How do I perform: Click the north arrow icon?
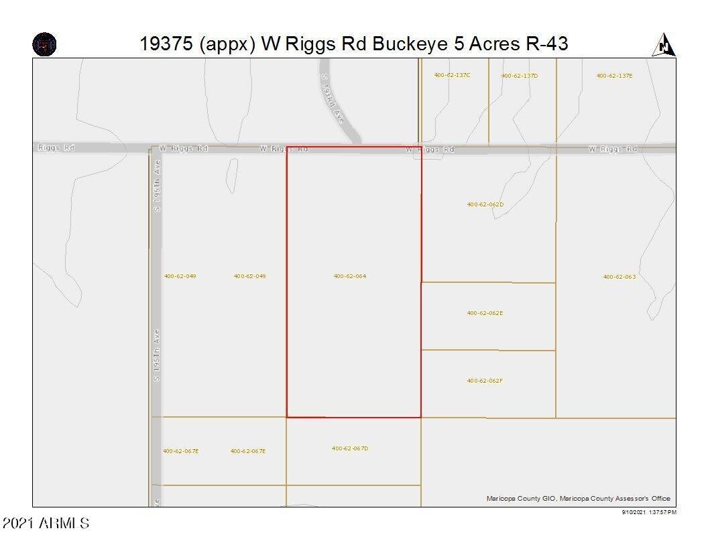(663, 45)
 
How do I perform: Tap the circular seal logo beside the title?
(44, 45)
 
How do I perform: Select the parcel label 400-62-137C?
(452, 75)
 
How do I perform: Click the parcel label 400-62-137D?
(519, 76)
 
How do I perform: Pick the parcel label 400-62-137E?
(614, 76)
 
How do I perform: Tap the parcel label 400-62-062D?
(485, 204)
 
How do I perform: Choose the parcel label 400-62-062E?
(485, 313)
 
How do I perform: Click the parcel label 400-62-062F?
(485, 381)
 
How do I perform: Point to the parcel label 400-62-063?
(619, 276)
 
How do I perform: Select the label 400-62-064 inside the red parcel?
(349, 276)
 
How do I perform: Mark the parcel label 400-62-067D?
(349, 448)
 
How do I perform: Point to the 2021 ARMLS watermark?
(46, 523)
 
